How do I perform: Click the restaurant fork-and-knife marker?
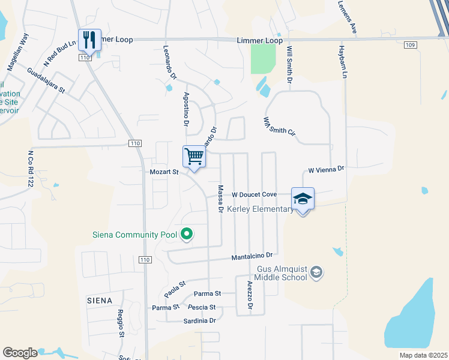click(89, 40)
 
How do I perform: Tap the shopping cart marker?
click(194, 157)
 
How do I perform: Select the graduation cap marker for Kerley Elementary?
click(303, 199)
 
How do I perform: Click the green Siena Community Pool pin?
click(187, 234)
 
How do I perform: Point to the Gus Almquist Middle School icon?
click(316, 273)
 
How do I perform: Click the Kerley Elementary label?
click(261, 209)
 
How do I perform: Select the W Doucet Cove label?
click(254, 194)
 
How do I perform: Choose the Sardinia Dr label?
click(200, 321)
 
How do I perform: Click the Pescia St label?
click(202, 307)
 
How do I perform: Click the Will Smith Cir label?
click(279, 127)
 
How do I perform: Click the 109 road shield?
click(410, 45)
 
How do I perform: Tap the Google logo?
click(20, 353)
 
